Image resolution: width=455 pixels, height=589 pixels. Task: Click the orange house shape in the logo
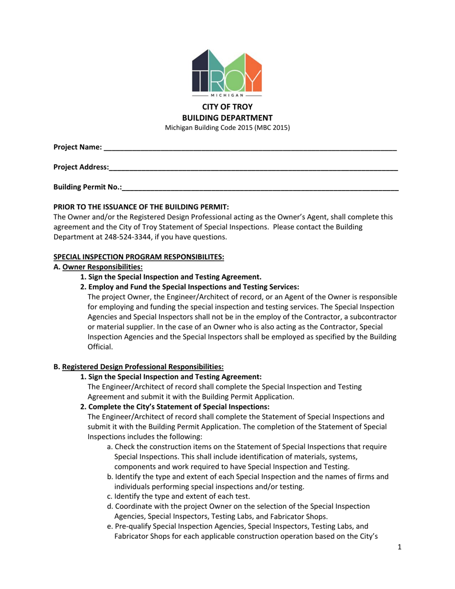tap(254, 72)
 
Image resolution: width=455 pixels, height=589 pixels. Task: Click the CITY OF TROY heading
tap(227, 107)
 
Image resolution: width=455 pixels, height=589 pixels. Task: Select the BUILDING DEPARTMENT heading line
tap(227, 118)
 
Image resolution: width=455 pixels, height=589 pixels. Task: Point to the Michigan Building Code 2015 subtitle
tap(227, 128)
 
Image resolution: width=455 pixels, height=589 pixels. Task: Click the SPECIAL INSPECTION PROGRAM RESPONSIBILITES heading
tap(138, 257)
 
